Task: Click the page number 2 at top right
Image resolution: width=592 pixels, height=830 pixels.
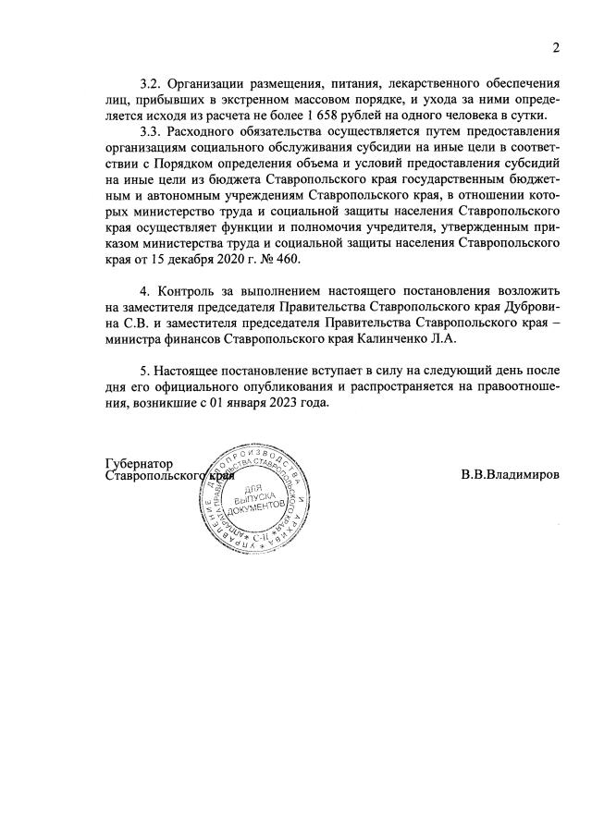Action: pos(556,49)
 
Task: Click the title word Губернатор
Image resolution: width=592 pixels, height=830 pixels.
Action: pos(140,464)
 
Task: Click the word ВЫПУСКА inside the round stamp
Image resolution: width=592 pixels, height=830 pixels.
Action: pos(251,499)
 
